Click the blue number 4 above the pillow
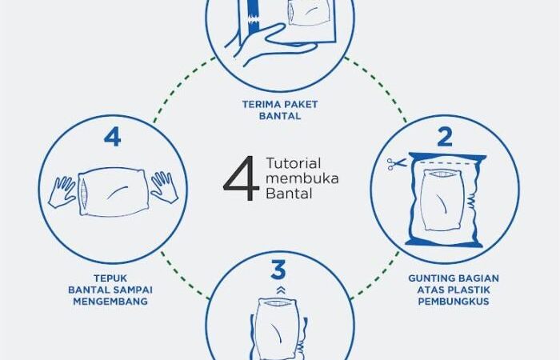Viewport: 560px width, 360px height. [113, 138]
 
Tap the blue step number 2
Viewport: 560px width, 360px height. [445, 137]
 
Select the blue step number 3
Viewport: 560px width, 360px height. [278, 270]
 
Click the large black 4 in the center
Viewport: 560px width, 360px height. [242, 178]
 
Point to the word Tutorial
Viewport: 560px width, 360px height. [294, 163]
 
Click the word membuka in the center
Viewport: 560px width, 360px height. [302, 178]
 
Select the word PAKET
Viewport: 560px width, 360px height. [301, 104]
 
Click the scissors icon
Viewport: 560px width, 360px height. [397, 164]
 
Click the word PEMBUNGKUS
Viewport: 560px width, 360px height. [454, 302]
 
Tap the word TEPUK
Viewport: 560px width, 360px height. [110, 278]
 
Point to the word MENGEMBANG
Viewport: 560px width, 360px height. [110, 302]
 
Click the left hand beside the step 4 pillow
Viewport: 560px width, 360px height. [62, 191]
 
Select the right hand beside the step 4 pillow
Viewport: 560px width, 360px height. [164, 187]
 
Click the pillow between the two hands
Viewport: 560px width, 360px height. [113, 192]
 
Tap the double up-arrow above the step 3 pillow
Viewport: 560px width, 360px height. [281, 290]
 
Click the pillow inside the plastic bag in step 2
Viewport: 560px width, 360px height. [443, 200]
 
